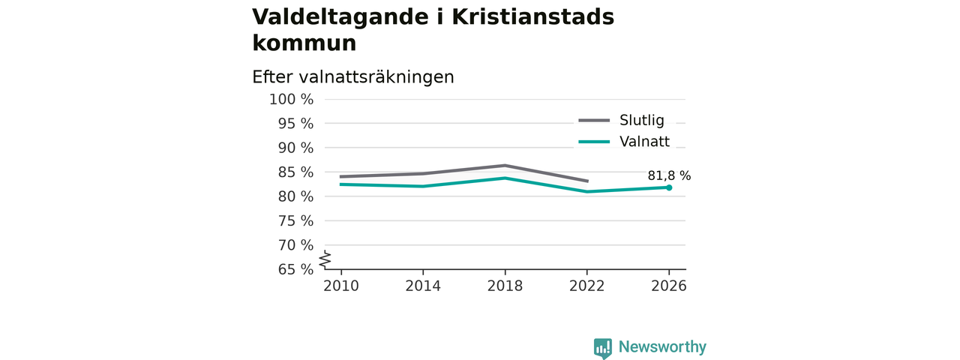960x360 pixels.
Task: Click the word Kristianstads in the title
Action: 532,17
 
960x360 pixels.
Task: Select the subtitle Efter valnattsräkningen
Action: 352,77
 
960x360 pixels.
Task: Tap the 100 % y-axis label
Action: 291,100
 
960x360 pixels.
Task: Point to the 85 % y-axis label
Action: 295,172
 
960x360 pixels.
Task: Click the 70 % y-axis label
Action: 295,245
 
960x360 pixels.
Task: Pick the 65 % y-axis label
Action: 295,269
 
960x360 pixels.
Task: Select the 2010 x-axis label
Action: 341,286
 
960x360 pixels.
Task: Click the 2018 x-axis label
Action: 505,286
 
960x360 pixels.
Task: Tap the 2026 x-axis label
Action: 668,286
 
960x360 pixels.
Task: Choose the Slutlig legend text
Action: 641,120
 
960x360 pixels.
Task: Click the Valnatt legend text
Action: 644,142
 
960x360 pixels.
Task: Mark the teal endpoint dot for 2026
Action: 669,187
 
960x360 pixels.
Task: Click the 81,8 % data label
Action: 669,175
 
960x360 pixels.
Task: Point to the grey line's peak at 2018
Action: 505,166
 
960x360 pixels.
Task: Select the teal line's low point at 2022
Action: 586,191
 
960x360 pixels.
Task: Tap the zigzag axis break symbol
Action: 325,259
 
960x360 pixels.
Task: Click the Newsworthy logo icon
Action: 603,348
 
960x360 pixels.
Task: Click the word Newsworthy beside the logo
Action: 662,346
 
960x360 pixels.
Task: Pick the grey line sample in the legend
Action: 594,121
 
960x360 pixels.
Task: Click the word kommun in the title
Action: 304,43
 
